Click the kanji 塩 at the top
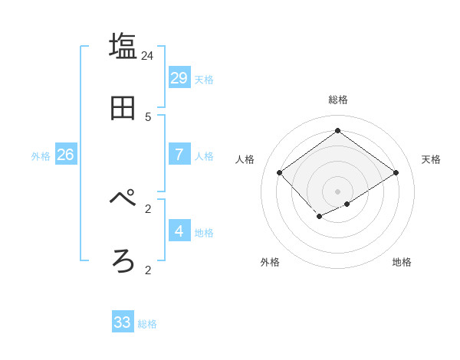123,46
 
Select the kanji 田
123,108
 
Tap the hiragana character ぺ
123,198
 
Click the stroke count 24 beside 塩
148,55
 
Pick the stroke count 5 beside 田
148,116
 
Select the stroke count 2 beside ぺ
148,208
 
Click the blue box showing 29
179,77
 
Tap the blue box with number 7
179,155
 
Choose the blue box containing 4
179,231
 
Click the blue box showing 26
65,155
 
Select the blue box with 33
123,322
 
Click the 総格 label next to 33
147,324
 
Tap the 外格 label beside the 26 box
41,156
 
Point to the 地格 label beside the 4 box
204,233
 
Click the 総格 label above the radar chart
338,100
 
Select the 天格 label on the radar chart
431,159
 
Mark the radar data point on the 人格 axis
280,173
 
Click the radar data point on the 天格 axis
396,173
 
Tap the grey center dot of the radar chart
337,191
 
